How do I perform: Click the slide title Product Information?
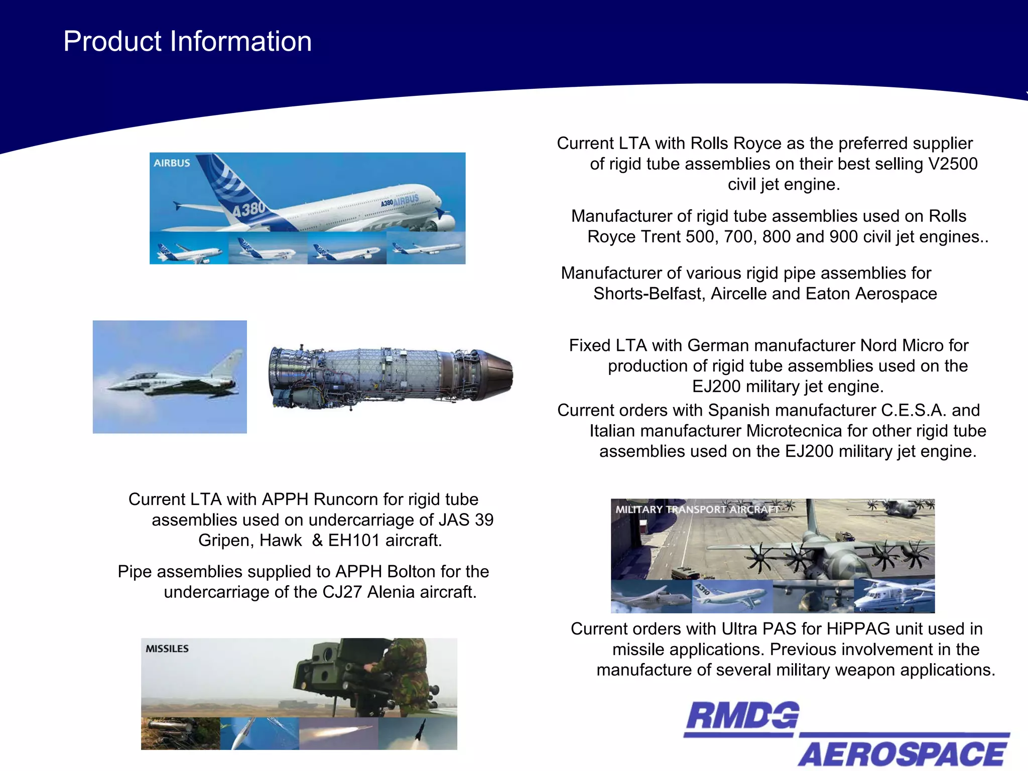pyautogui.click(x=187, y=41)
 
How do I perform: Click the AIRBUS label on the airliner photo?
pyautogui.click(x=172, y=163)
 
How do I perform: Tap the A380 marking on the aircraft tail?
pyautogui.click(x=248, y=207)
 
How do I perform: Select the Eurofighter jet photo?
pyautogui.click(x=170, y=377)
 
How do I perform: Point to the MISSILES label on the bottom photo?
pyautogui.click(x=167, y=649)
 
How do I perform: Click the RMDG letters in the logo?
pyautogui.click(x=742, y=716)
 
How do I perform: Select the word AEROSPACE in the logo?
pyautogui.click(x=902, y=754)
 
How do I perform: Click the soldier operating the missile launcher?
pyautogui.click(x=402, y=673)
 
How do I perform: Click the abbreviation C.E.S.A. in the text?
pyautogui.click(x=914, y=410)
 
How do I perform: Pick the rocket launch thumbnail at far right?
pyautogui.click(x=418, y=733)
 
